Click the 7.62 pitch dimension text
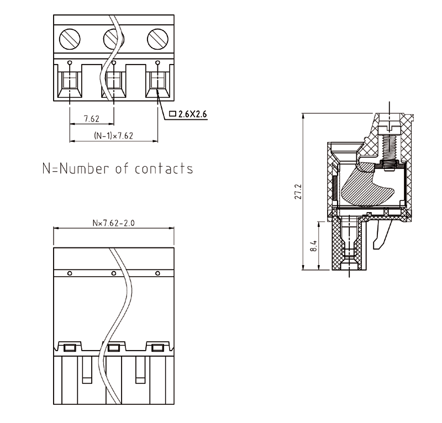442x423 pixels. click(91, 119)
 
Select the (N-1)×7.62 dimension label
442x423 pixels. click(113, 136)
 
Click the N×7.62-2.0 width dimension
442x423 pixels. click(113, 223)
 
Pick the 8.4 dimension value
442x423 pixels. click(313, 246)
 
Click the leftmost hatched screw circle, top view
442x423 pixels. click(70, 38)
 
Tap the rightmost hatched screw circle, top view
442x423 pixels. click(157, 38)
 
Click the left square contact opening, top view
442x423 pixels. click(70, 82)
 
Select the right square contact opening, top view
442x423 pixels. click(157, 82)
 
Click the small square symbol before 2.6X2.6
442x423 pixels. click(172, 114)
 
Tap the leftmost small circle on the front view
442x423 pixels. click(70, 273)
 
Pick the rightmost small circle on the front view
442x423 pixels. click(157, 273)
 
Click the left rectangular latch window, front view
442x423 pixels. click(70, 347)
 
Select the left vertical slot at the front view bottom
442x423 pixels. click(87, 370)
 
